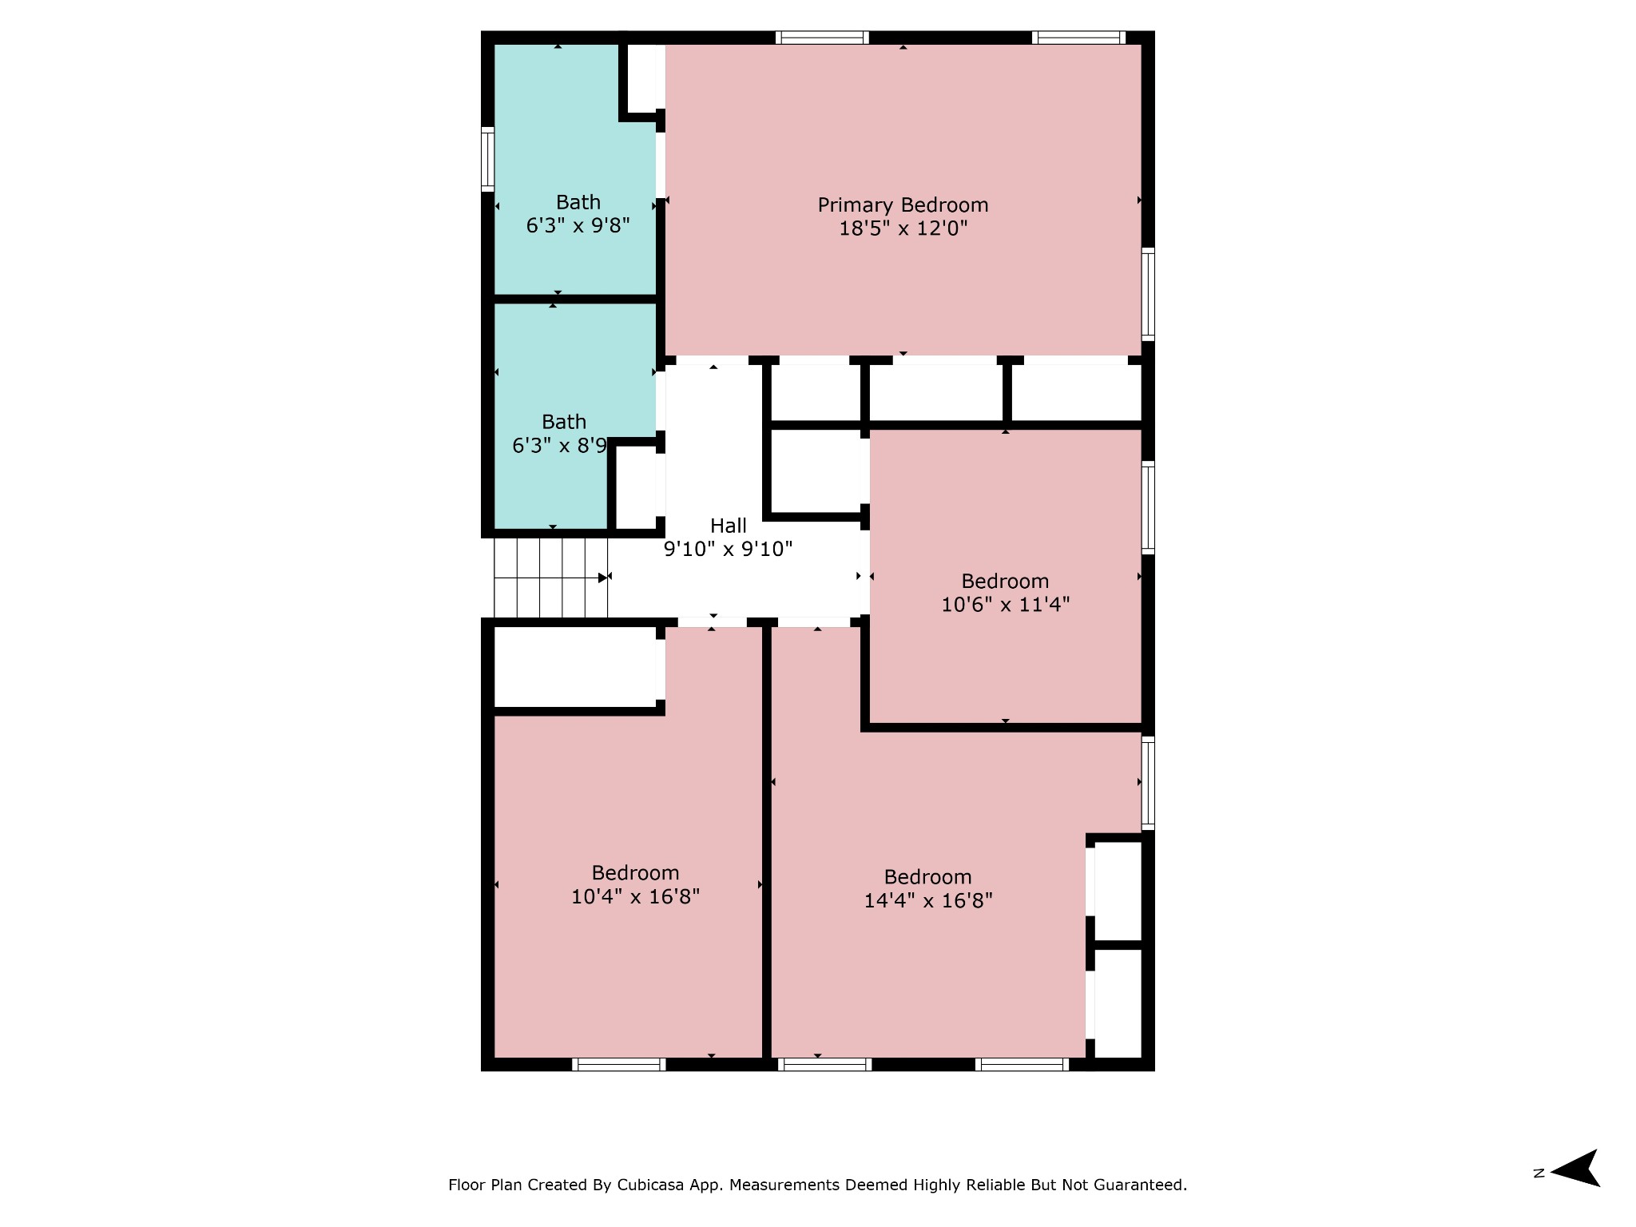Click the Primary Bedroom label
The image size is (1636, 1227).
coord(903,206)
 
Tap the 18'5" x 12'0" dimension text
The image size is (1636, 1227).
coord(903,229)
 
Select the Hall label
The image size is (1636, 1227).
coord(729,526)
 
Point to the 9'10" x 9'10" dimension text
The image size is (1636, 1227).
coord(729,549)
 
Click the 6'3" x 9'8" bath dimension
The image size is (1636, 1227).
coord(578,226)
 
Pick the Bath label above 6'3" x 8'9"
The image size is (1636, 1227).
coord(564,422)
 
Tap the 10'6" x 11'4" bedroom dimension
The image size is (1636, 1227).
coord(1005,605)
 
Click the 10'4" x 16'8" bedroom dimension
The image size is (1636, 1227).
coord(635,897)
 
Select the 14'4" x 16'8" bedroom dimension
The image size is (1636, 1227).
coord(928,901)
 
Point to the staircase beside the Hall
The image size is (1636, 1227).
coord(551,578)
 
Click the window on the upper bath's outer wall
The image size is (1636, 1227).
coord(487,158)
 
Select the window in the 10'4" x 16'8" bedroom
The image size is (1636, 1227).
coord(619,1064)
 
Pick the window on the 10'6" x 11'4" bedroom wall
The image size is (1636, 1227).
coord(1148,507)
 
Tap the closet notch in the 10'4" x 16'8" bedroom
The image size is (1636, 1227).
coord(575,667)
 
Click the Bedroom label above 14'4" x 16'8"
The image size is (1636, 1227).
coord(928,877)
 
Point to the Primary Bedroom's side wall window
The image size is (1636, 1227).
coord(1148,294)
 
